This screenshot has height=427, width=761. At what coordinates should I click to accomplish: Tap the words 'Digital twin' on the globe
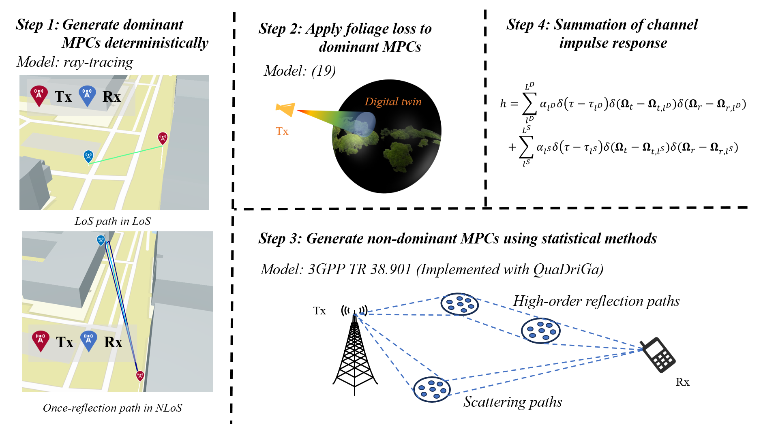click(x=393, y=102)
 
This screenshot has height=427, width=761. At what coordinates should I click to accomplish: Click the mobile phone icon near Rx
click(x=657, y=354)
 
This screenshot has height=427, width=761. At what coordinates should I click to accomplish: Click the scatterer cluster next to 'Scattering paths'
click(x=432, y=389)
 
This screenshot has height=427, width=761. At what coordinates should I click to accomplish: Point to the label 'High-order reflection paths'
click(x=596, y=301)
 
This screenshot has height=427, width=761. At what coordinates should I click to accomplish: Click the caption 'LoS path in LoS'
click(x=113, y=221)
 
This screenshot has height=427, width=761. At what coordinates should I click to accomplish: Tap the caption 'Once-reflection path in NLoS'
click(x=113, y=408)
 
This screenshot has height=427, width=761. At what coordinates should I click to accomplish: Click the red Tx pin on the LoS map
click(x=163, y=138)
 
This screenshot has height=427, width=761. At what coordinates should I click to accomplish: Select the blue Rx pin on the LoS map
click(x=88, y=156)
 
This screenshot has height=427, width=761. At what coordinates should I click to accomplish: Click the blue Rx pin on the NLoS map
click(x=101, y=241)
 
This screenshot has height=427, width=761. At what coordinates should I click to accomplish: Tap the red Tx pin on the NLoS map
click(x=140, y=376)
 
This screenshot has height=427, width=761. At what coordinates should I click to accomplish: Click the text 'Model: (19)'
click(x=300, y=71)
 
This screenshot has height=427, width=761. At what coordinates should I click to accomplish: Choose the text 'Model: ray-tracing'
click(x=75, y=62)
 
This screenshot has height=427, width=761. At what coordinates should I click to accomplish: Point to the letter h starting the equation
click(x=503, y=104)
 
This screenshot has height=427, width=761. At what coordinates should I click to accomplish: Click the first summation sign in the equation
click(x=529, y=103)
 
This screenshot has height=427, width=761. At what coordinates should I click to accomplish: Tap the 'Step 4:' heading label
click(x=528, y=25)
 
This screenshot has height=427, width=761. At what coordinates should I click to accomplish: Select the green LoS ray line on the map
click(x=126, y=155)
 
